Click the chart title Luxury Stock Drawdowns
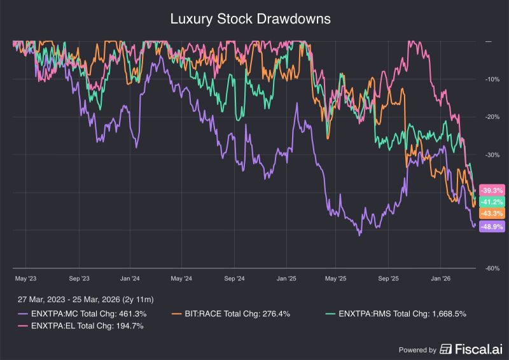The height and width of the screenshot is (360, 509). click(x=250, y=19)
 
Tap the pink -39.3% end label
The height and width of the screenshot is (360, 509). click(x=491, y=190)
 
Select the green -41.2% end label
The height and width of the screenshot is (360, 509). click(x=491, y=202)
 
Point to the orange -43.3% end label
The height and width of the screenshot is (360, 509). click(x=491, y=213)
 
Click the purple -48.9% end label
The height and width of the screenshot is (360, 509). click(x=491, y=226)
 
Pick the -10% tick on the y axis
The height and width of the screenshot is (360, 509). click(x=492, y=80)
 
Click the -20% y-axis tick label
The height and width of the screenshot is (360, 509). click(x=492, y=117)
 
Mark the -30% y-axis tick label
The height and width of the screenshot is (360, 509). click(x=492, y=155)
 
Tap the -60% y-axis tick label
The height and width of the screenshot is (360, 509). click(x=492, y=268)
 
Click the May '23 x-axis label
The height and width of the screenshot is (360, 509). click(x=25, y=279)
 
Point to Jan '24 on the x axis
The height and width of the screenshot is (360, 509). click(x=130, y=279)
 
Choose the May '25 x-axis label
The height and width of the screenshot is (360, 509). click(x=335, y=279)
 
